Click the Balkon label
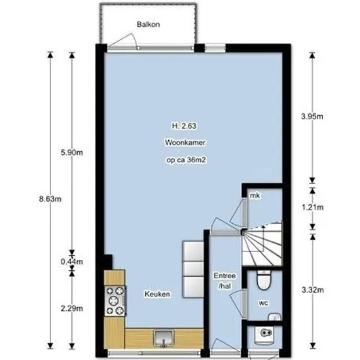pos(148,24)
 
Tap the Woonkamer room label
pos(185,142)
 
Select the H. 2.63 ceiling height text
pos(184,126)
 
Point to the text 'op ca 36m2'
pos(186,160)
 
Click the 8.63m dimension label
pos(50,199)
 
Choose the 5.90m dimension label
pos(72,153)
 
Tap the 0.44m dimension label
pos(72,262)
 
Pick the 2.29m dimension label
pos(72,308)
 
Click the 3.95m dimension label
pos(312,117)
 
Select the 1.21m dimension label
pos(312,207)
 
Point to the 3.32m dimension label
pos(312,290)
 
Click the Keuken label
pos(157,294)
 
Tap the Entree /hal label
pos(225,281)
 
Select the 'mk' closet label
pos(255,196)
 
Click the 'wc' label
pos(263,303)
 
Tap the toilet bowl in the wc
pos(264,279)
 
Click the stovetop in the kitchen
pos(115,301)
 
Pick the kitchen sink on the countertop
pos(164,338)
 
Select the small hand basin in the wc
pos(275,317)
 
